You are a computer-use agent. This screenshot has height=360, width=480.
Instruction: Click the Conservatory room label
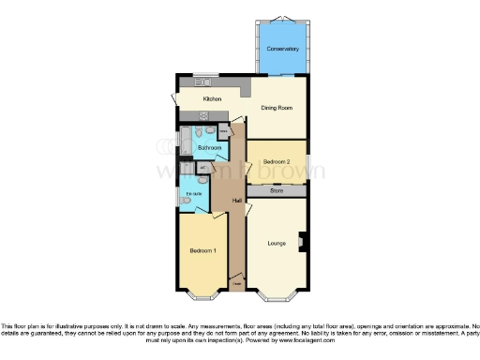point(282,49)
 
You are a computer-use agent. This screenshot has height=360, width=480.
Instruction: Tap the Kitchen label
point(211,98)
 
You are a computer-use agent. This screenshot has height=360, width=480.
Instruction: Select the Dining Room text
point(277,108)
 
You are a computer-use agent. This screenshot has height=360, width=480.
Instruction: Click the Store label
point(277,191)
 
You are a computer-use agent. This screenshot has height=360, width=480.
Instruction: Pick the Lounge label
point(277,244)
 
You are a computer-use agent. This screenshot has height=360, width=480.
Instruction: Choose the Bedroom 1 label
point(202,250)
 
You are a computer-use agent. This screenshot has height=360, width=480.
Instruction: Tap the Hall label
point(238,200)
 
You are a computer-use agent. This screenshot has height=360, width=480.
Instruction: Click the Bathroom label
point(209,148)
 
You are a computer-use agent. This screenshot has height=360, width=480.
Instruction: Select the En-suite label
point(193,194)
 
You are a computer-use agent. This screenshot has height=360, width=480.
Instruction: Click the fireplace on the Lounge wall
point(301,241)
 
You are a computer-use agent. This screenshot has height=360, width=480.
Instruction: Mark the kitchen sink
point(201,82)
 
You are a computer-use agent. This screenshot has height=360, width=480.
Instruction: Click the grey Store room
point(277,191)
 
